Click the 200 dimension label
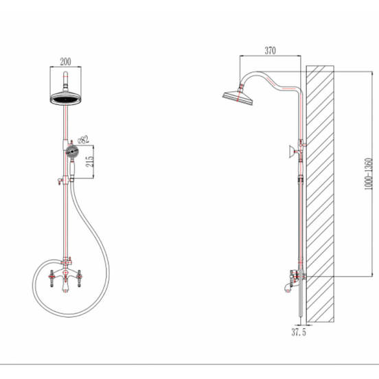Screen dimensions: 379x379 pos(65,62)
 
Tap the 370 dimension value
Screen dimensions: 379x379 pos(270,51)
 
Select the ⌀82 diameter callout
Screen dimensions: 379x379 pos(83,140)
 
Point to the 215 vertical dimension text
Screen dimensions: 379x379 pos(90,161)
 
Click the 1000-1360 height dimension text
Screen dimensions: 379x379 pos(369,174)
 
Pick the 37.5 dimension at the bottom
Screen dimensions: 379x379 pos(299,332)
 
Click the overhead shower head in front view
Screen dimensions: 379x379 pos(65,98)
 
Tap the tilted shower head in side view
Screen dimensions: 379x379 pos(238,97)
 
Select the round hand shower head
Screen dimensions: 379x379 pos(72,152)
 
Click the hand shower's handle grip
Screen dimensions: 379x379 pos(72,168)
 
